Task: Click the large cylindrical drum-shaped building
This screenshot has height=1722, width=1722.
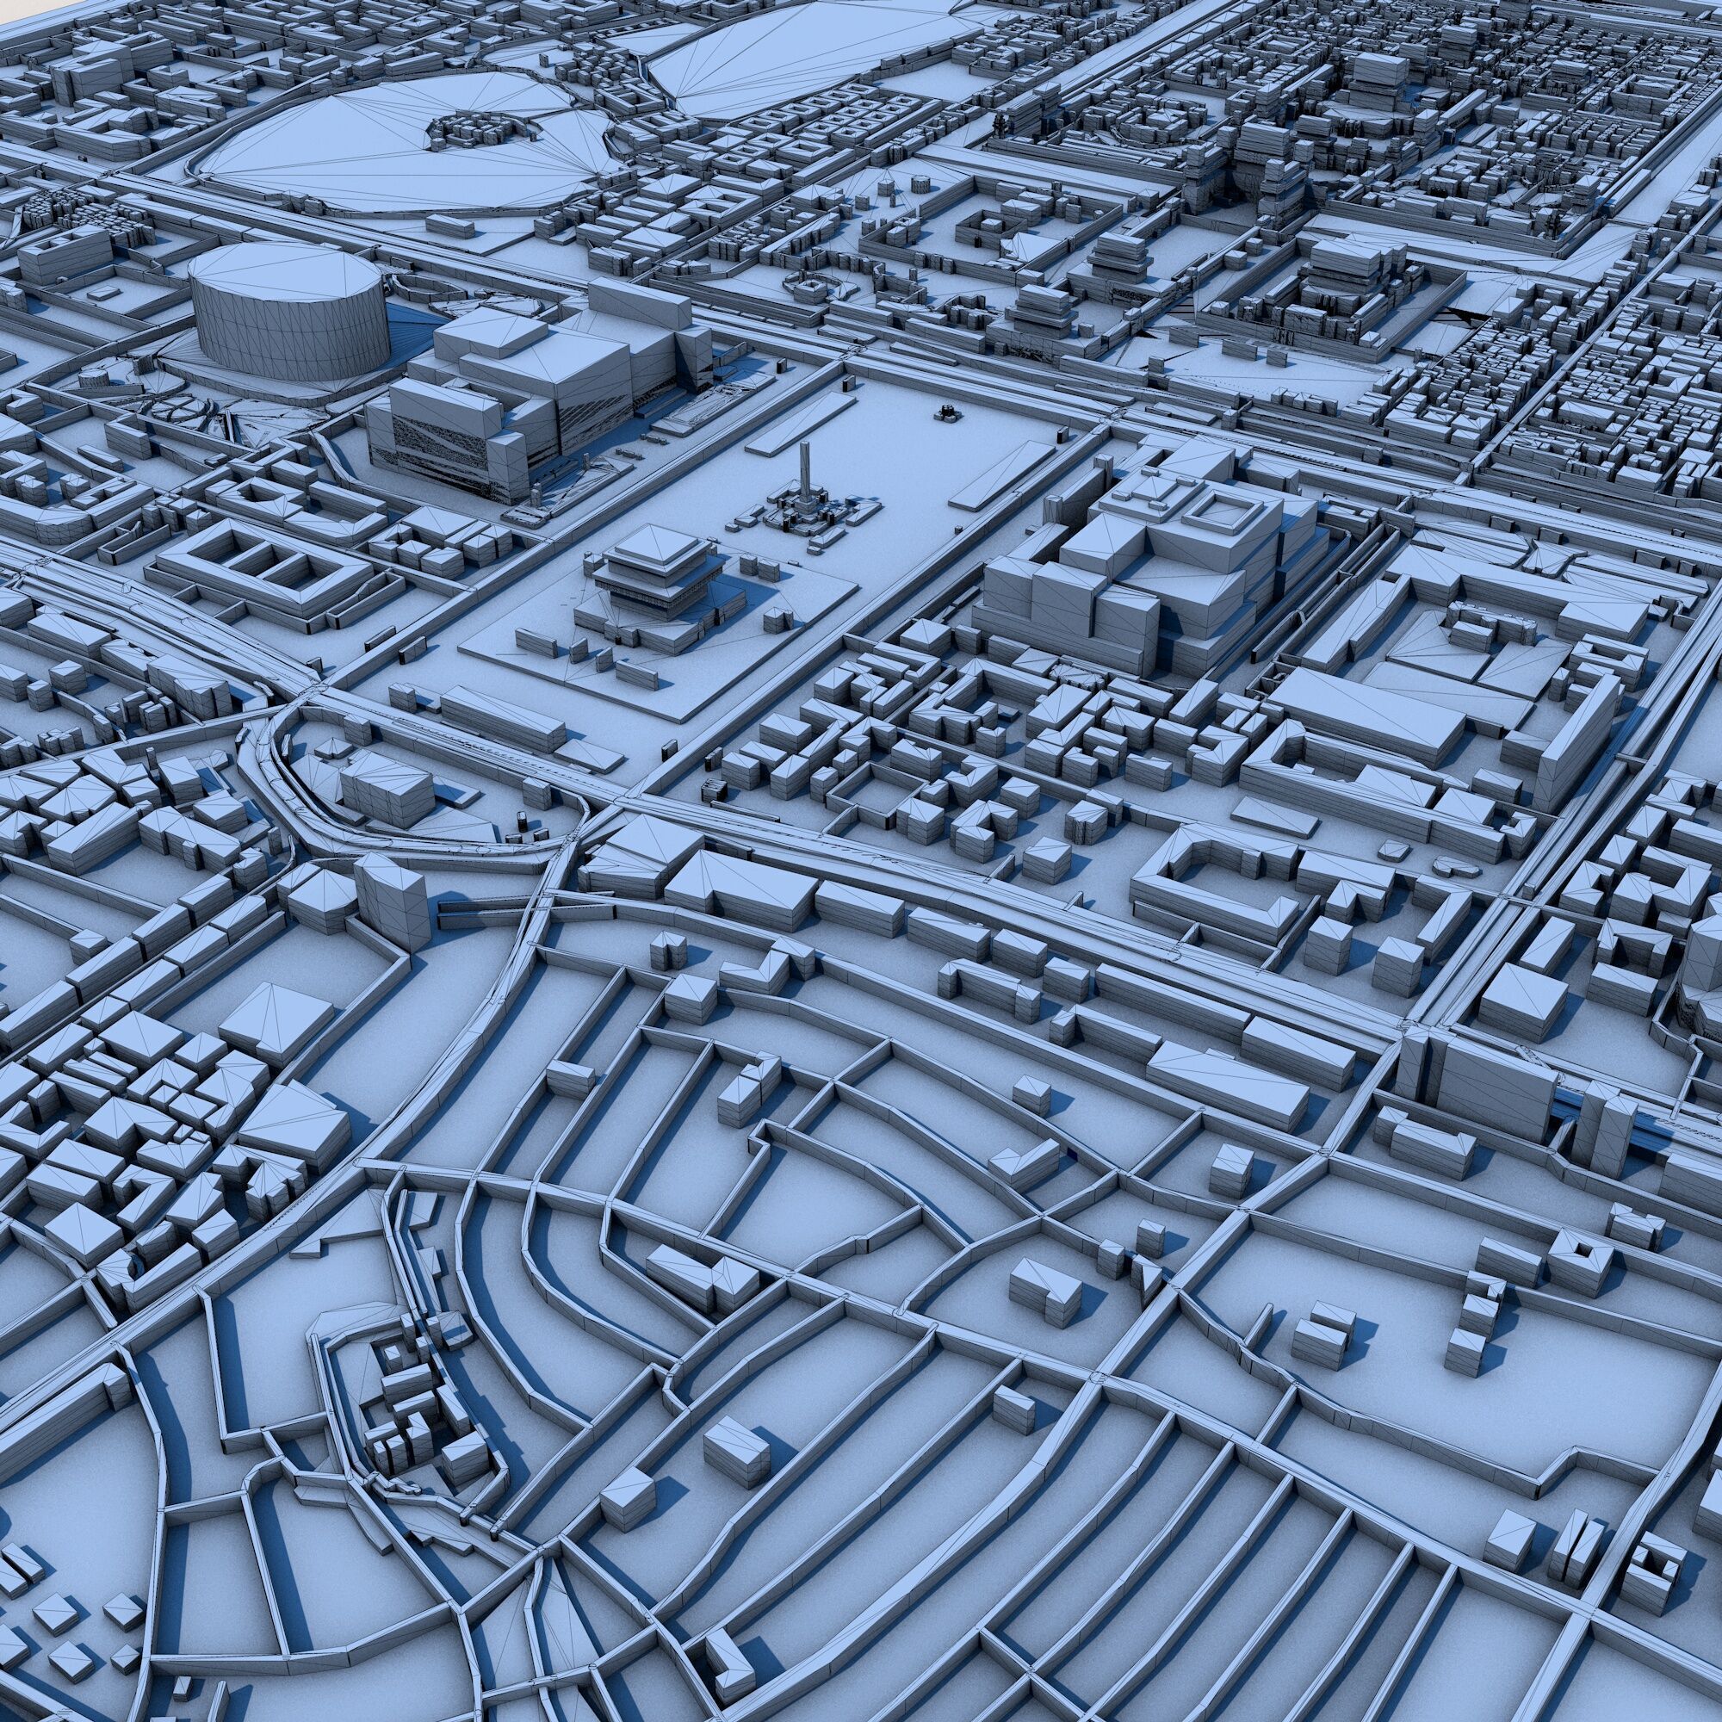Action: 289,330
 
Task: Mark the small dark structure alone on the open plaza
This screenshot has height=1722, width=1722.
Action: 946,412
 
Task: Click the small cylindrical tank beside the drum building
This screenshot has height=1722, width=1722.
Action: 93,378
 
